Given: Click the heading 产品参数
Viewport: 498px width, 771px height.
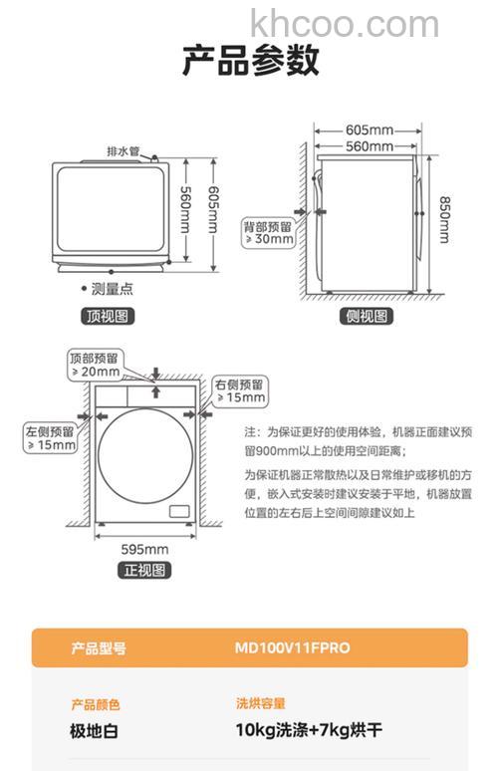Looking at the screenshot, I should tap(250, 62).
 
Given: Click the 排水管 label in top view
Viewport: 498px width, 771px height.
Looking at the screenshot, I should tap(124, 150).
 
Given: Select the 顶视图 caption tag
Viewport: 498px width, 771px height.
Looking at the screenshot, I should tap(107, 317).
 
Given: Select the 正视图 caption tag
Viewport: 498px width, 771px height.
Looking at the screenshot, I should tap(145, 570).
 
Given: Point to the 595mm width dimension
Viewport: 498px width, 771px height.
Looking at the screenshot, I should tap(145, 549).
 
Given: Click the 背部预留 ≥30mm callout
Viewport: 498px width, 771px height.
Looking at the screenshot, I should tap(269, 232).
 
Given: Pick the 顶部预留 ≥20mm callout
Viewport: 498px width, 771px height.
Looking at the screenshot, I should tap(95, 364).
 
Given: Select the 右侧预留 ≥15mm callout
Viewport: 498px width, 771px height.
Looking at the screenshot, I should tap(240, 390).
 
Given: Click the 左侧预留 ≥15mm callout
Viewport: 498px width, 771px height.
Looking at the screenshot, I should tap(51, 438).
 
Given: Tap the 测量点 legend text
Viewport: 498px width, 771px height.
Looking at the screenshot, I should tap(111, 289).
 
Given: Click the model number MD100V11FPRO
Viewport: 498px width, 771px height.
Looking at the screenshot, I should tap(292, 647).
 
